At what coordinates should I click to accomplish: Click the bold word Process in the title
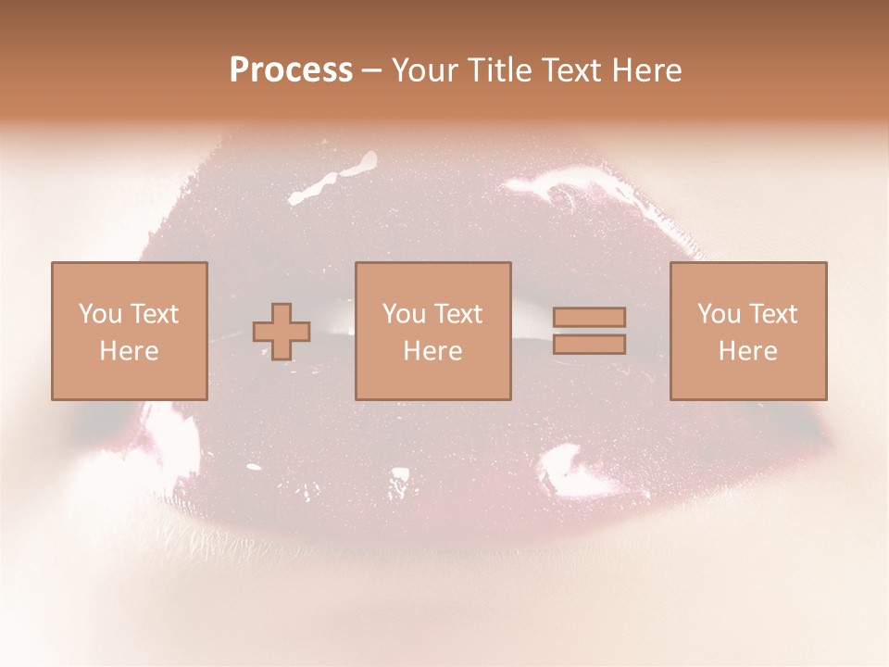click(x=291, y=70)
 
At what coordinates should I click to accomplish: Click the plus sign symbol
click(x=282, y=332)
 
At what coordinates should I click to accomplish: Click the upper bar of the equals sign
click(x=590, y=317)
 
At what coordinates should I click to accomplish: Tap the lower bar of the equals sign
click(x=590, y=345)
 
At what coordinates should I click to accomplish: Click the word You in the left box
click(x=99, y=314)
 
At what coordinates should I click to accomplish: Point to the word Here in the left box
click(x=129, y=351)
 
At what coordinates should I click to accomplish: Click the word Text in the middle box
click(x=458, y=314)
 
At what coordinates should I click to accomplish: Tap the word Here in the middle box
click(x=432, y=351)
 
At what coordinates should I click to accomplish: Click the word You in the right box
click(x=718, y=314)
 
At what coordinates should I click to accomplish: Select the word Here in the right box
click(x=747, y=351)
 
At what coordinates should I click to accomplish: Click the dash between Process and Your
click(x=371, y=71)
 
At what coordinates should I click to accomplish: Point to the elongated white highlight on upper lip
click(x=334, y=179)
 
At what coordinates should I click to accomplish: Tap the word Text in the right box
click(x=773, y=314)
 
